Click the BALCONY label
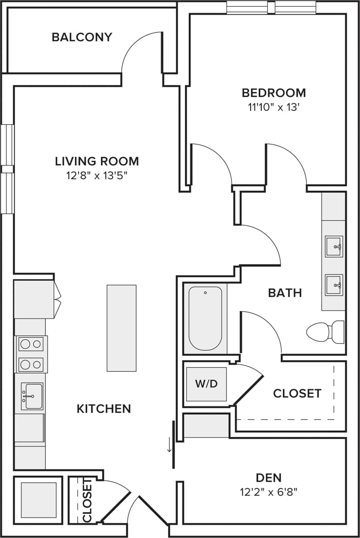pyautogui.click(x=82, y=37)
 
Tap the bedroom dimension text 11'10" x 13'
pyautogui.click(x=273, y=107)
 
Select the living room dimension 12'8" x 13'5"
pyautogui.click(x=97, y=175)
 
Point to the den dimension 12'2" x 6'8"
pyautogui.click(x=269, y=491)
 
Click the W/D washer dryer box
pyautogui.click(x=206, y=384)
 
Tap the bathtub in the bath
pyautogui.click(x=205, y=318)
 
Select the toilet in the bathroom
pyautogui.click(x=325, y=331)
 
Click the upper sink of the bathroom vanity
pyautogui.click(x=334, y=246)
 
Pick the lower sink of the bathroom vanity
pyautogui.click(x=334, y=285)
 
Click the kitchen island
pyautogui.click(x=122, y=328)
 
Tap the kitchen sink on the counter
pyautogui.click(x=32, y=396)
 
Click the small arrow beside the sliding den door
pyautogui.click(x=169, y=445)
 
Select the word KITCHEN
pyautogui.click(x=104, y=409)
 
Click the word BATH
pyautogui.click(x=285, y=293)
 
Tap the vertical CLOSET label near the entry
pyautogui.click(x=87, y=500)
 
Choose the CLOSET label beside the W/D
pyautogui.click(x=297, y=393)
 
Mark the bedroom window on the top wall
pyautogui.click(x=271, y=8)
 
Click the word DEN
pyautogui.click(x=269, y=477)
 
